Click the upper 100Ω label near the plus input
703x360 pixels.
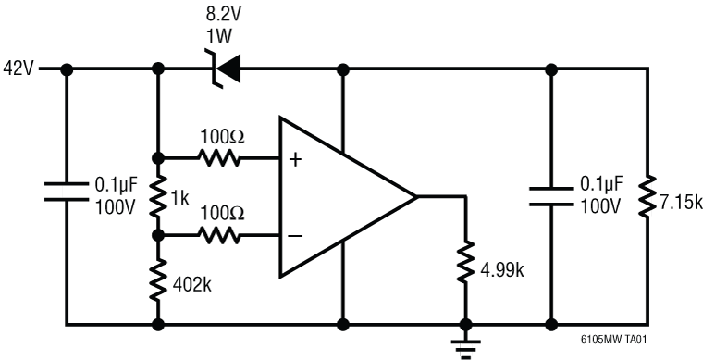(223, 137)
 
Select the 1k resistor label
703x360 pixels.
(180, 196)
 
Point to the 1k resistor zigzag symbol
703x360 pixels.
(158, 195)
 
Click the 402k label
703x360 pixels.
(192, 284)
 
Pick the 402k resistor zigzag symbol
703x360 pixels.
(158, 279)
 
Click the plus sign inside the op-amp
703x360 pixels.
(295, 159)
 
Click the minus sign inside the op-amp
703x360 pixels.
(295, 236)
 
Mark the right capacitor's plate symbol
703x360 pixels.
(551, 195)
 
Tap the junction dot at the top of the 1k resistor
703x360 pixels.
(158, 158)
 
